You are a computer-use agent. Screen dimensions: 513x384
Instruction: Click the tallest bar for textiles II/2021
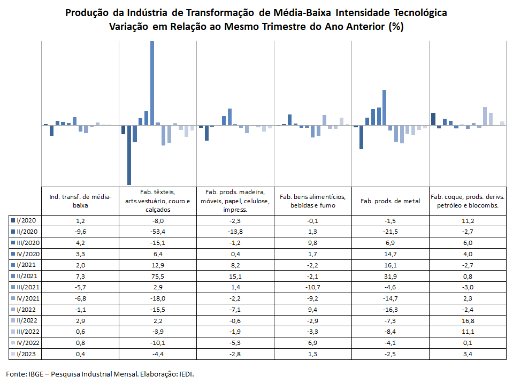[x=152, y=83]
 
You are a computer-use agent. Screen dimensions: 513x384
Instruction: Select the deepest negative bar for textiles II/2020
[x=129, y=155]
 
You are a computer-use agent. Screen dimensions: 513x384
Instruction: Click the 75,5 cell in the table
[x=158, y=277]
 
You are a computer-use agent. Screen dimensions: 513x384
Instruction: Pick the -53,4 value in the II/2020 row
[x=158, y=232]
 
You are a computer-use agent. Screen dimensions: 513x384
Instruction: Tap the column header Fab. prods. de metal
[x=391, y=201]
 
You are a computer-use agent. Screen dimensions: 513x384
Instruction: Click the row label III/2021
[x=28, y=287]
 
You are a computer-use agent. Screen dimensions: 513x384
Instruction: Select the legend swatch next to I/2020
[x=13, y=220]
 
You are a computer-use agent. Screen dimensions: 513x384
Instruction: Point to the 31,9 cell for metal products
[x=391, y=277]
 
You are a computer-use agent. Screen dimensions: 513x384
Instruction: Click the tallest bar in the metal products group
[x=385, y=107]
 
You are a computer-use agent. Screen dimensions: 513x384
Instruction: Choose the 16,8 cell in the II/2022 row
[x=468, y=321]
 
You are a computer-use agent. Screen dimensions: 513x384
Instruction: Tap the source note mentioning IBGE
[x=100, y=374]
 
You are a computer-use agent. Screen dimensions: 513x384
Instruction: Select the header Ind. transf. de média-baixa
[x=80, y=201]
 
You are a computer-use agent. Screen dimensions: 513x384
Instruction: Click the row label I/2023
[x=26, y=354]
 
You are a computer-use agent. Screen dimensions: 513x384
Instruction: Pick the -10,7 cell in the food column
[x=313, y=287]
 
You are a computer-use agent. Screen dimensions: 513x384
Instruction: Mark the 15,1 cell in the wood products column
[x=235, y=277]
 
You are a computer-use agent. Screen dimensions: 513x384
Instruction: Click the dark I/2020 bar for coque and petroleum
[x=433, y=119]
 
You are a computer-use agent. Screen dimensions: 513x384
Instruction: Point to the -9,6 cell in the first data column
[x=80, y=232]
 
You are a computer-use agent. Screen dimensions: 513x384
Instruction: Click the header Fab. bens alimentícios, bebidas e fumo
[x=313, y=201]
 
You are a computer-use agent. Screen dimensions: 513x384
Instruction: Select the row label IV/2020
[x=28, y=254]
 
